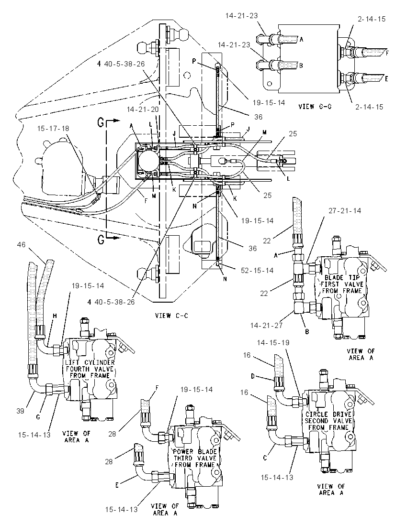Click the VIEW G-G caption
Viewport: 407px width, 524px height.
pos(315,107)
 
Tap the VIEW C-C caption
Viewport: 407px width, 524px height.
pos(171,316)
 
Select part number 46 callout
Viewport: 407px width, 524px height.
pos(21,245)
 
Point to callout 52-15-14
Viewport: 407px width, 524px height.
pos(257,270)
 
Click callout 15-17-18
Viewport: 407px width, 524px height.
pos(53,128)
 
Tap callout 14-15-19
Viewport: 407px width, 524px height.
pos(273,342)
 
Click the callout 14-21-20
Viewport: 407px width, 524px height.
pos(143,109)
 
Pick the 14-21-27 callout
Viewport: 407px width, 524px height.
pos(266,325)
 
